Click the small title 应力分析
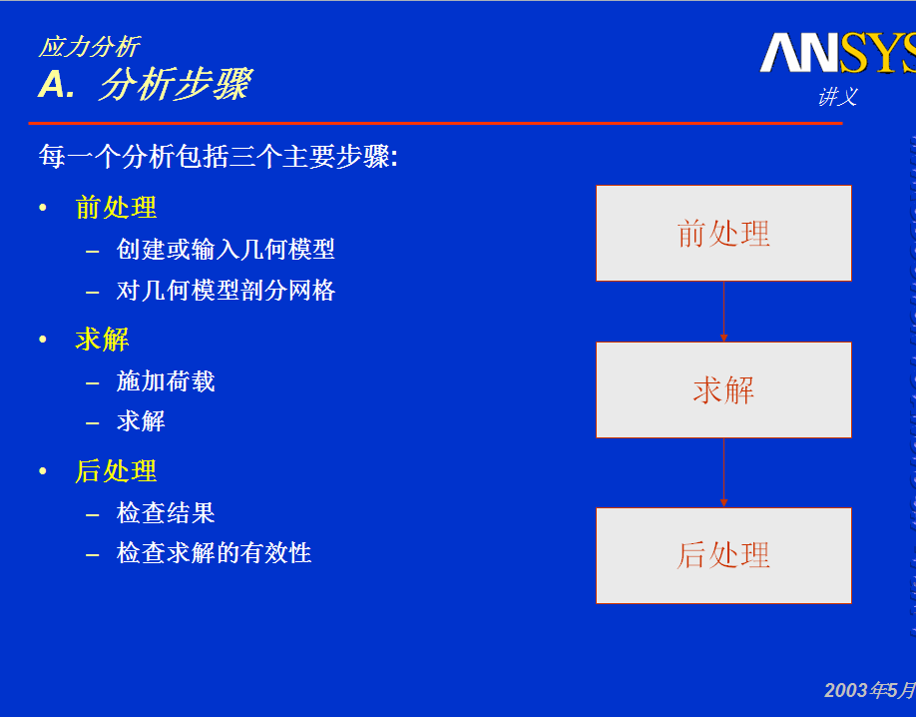(89, 47)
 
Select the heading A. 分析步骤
(145, 84)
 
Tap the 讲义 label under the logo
(838, 97)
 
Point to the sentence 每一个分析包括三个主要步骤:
(219, 157)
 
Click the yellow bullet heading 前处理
(117, 208)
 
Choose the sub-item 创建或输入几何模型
(226, 249)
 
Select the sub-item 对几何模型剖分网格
(226, 290)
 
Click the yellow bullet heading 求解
(102, 340)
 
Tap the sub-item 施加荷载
(166, 381)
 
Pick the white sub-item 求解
(141, 421)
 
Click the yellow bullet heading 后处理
(117, 471)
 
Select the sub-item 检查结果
(166, 513)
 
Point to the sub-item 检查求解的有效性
(214, 552)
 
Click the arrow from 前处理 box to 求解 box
(723, 312)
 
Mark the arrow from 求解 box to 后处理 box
(723, 472)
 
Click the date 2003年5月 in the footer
(870, 691)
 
